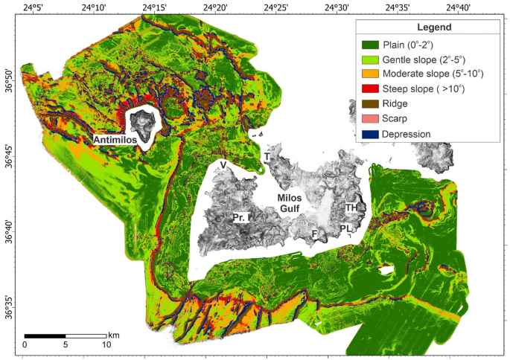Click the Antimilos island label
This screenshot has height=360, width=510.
point(118,140)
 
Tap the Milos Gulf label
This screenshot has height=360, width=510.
point(289,203)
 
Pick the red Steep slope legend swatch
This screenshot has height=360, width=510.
point(370,89)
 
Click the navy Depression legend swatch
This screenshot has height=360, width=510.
point(370,133)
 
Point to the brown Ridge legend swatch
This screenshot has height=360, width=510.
point(370,103)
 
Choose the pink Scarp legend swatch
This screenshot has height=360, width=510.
point(370,118)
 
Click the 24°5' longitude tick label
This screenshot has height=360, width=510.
point(34,7)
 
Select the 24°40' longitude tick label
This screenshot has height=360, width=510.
point(459,7)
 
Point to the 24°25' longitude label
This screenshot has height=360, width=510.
point(276,7)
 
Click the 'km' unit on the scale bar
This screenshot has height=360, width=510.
point(114,335)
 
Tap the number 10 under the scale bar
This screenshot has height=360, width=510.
point(106,345)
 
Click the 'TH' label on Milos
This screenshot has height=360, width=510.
point(351,208)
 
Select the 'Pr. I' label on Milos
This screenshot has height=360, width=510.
point(240,218)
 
